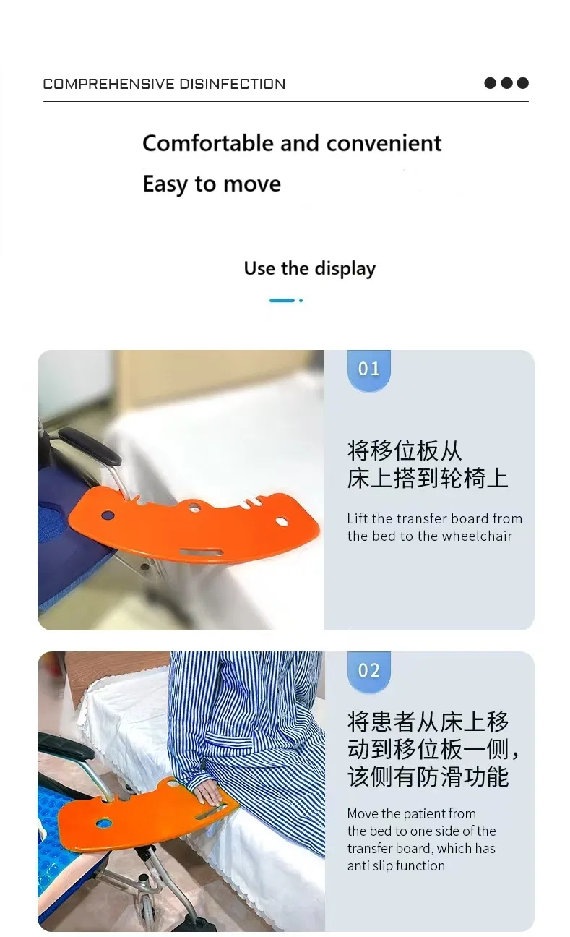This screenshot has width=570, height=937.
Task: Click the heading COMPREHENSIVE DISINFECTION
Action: [164, 84]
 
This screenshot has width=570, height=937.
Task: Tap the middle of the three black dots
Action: [506, 83]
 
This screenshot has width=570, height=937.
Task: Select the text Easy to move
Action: [212, 184]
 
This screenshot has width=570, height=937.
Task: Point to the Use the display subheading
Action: [309, 269]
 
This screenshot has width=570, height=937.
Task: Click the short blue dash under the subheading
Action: [282, 300]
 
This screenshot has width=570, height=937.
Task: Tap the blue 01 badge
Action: [368, 369]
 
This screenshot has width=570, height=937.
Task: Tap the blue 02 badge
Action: [368, 671]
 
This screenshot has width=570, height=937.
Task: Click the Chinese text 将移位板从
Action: [404, 450]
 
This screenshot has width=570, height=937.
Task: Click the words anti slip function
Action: [396, 866]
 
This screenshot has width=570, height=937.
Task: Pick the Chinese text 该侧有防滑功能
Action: [428, 777]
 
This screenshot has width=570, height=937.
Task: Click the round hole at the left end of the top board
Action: [108, 516]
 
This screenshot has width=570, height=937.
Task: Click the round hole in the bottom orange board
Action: [104, 823]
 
